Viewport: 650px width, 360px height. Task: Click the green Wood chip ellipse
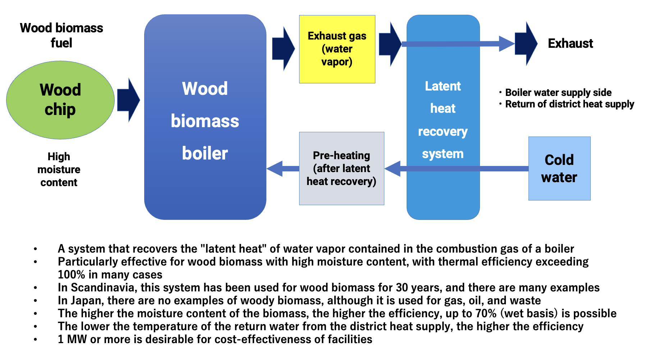pos(60,100)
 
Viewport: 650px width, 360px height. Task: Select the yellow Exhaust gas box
pos(337,49)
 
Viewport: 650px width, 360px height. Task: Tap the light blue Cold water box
pos(559,169)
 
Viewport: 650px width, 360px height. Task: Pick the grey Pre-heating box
pos(342,169)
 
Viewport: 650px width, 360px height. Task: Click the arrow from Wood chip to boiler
pos(128,100)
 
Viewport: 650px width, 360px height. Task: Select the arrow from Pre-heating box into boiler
pos(283,169)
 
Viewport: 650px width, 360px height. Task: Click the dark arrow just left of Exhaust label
pos(526,43)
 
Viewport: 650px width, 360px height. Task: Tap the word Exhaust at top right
pos(570,43)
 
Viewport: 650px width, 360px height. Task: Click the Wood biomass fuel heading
pos(61,35)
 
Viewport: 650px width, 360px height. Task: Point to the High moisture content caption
pos(59,170)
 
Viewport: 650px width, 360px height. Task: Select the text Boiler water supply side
pos(558,93)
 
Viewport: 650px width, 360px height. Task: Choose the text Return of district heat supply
pos(569,104)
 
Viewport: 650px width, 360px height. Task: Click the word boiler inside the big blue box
pos(205,153)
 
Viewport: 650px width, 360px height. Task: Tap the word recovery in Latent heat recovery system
pos(443,132)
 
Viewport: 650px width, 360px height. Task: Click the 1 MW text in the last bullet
pos(72,339)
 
